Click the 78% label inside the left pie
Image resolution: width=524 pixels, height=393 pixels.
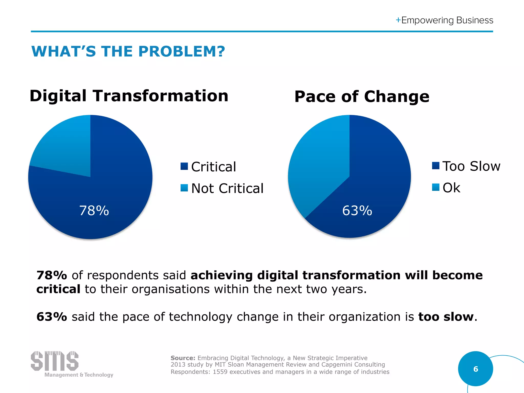[94, 211]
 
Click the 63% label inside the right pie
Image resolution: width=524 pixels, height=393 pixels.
[357, 211]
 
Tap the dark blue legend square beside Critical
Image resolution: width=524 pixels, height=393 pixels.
[184, 166]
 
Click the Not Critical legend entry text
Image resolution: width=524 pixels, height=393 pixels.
[227, 189]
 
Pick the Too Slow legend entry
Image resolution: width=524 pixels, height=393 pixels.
[471, 166]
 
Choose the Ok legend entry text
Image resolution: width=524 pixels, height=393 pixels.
[451, 188]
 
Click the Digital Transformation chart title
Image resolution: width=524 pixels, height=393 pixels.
[129, 96]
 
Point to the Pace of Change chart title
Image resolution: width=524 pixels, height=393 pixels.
[362, 97]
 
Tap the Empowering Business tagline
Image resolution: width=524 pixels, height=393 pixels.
[447, 20]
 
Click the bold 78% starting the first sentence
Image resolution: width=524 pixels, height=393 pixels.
[52, 275]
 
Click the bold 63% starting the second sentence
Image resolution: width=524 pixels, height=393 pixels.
[52, 317]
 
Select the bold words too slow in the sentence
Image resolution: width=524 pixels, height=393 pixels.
[446, 317]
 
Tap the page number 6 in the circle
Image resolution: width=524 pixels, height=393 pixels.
[475, 369]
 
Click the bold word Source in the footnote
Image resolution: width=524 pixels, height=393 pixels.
[183, 358]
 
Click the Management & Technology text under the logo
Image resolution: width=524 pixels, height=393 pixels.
[79, 375]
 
